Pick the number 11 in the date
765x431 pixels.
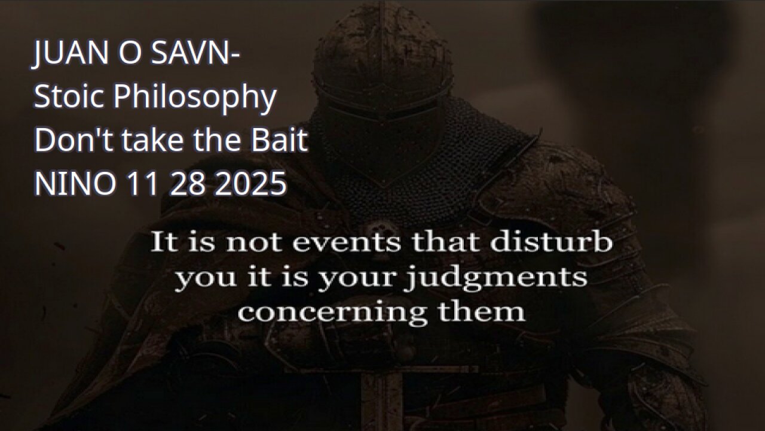141,184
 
